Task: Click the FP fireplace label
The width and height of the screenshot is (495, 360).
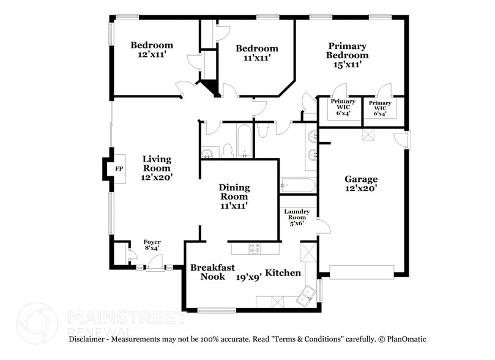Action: (x=119, y=169)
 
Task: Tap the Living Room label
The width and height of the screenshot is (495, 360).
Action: (x=157, y=168)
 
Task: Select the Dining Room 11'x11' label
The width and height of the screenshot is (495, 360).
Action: (x=234, y=197)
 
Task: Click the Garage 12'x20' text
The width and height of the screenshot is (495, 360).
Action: (x=360, y=184)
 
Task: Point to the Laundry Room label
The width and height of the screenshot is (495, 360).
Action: (x=297, y=217)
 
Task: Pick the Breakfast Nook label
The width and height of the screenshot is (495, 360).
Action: (x=209, y=272)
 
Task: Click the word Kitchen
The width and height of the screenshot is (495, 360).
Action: (x=283, y=272)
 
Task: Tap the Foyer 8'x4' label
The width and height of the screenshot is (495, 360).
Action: (x=152, y=245)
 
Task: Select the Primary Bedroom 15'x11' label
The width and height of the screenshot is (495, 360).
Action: (x=347, y=55)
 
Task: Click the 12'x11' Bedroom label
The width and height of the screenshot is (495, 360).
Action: (x=152, y=50)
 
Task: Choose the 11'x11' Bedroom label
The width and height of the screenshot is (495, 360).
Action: (x=257, y=53)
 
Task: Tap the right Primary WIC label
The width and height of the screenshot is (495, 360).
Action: (x=380, y=108)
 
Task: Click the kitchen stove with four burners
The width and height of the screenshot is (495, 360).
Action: (x=255, y=248)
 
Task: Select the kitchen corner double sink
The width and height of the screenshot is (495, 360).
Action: (x=306, y=297)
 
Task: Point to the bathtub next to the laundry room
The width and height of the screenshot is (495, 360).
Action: (x=297, y=184)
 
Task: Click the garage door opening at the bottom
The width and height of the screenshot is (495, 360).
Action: (x=361, y=272)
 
